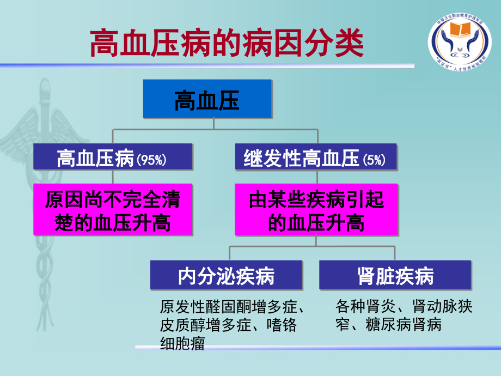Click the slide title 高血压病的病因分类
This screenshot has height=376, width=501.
(x=227, y=43)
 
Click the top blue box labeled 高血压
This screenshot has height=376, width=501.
(x=207, y=99)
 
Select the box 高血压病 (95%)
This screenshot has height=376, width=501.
(x=113, y=159)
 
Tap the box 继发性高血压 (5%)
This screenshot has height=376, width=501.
(x=316, y=159)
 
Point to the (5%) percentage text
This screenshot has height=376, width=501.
(x=374, y=160)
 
